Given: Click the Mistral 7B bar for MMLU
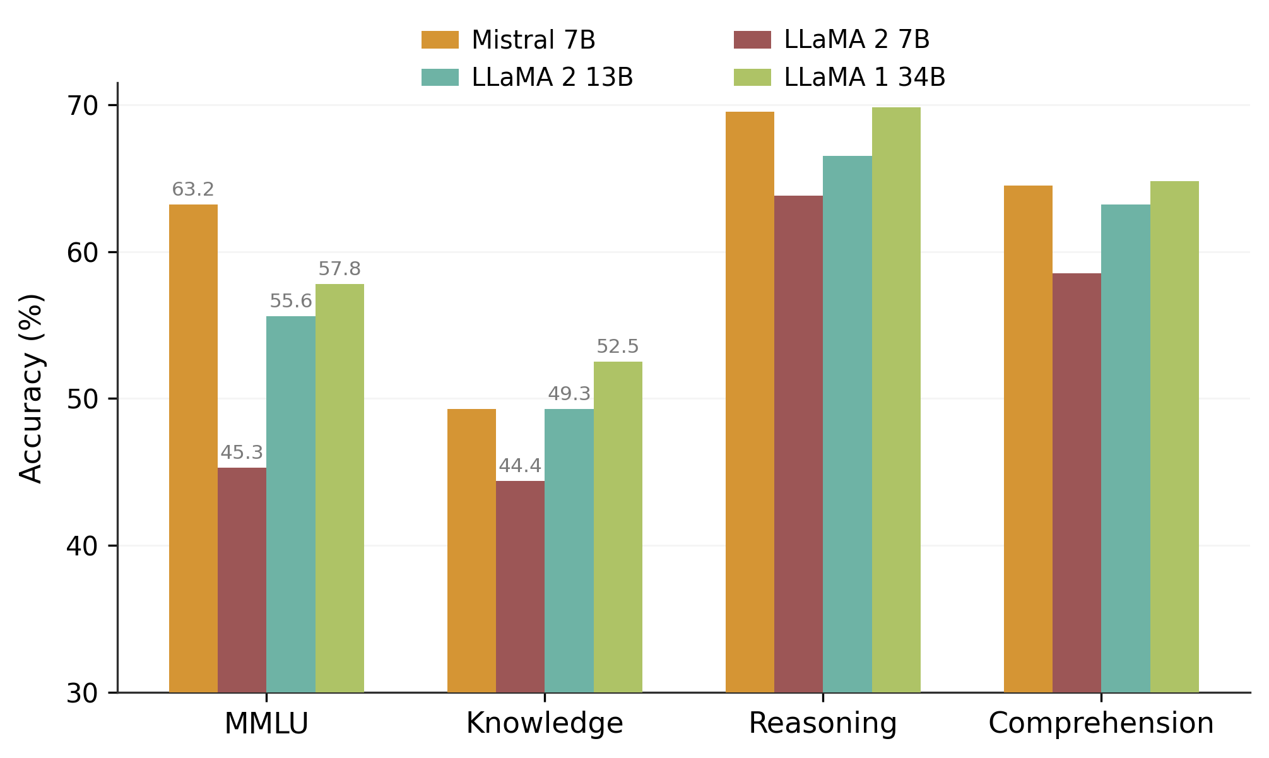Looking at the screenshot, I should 193,448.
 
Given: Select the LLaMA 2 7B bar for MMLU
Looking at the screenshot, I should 242,580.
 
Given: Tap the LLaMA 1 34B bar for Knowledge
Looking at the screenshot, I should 618,527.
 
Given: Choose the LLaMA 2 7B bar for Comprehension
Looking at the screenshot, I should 1077,483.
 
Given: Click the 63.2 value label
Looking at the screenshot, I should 193,189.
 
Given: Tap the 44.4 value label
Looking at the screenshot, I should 520,466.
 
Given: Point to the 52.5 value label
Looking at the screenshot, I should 618,346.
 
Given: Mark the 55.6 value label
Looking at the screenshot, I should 291,301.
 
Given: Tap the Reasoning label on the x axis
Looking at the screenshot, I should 822,723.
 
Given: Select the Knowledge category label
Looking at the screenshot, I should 545,723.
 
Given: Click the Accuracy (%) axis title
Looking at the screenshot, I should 31,388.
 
